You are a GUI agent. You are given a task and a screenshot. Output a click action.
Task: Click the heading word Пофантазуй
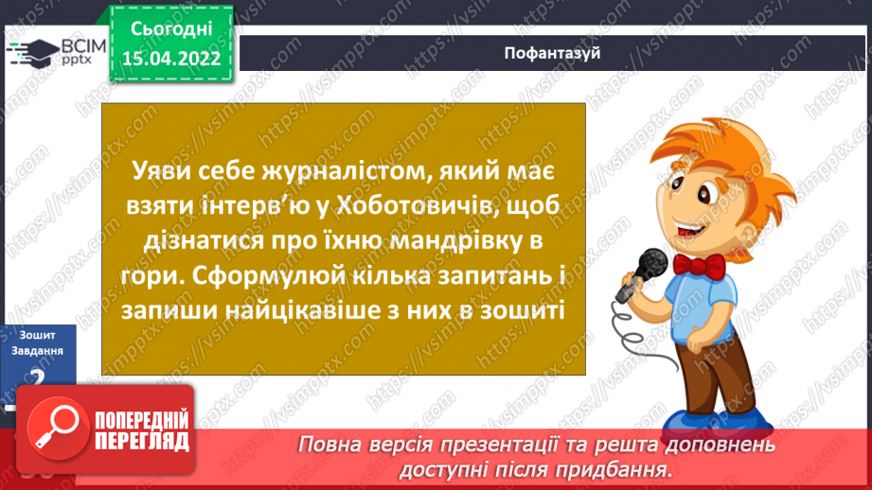pyautogui.click(x=554, y=53)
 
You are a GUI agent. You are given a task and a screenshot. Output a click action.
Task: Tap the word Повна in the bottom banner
pyautogui.click(x=329, y=444)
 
